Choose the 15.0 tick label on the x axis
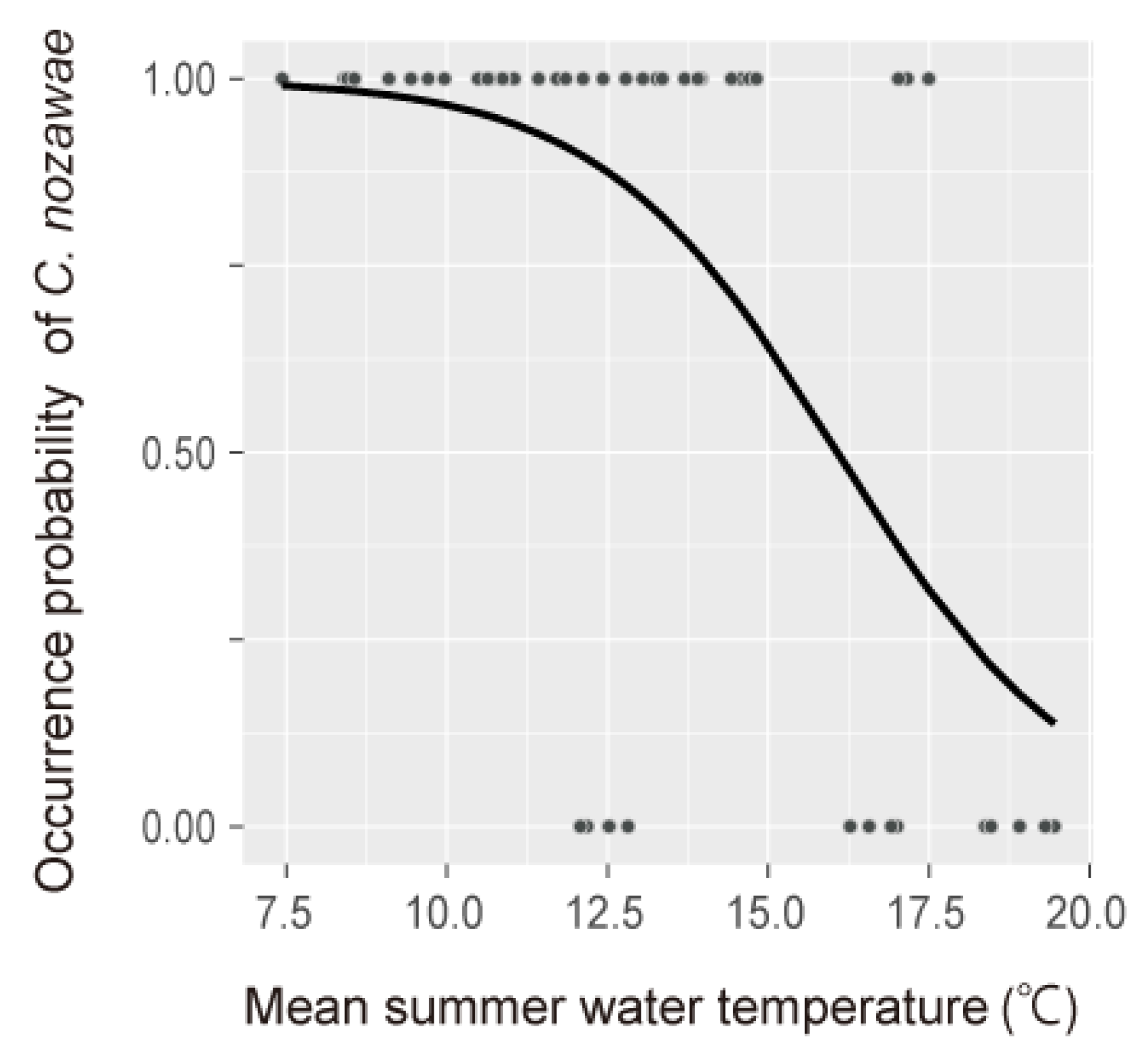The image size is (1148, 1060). pos(768,916)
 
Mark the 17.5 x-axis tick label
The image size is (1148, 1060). pos(928,916)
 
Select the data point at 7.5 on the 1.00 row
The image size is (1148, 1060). pos(283,78)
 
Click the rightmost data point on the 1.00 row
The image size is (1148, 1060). pos(929,79)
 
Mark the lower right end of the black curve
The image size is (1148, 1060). pos(1054,722)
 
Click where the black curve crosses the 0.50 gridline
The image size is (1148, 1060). pos(837,452)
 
